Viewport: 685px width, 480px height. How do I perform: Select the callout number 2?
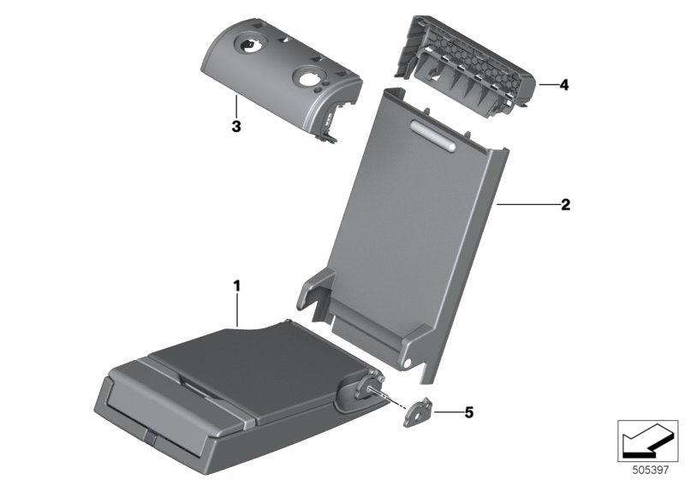[x=565, y=205]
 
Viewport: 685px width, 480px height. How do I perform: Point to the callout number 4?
[x=565, y=86]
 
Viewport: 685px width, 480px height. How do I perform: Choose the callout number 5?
[x=468, y=412]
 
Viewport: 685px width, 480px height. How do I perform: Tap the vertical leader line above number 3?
[x=236, y=107]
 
